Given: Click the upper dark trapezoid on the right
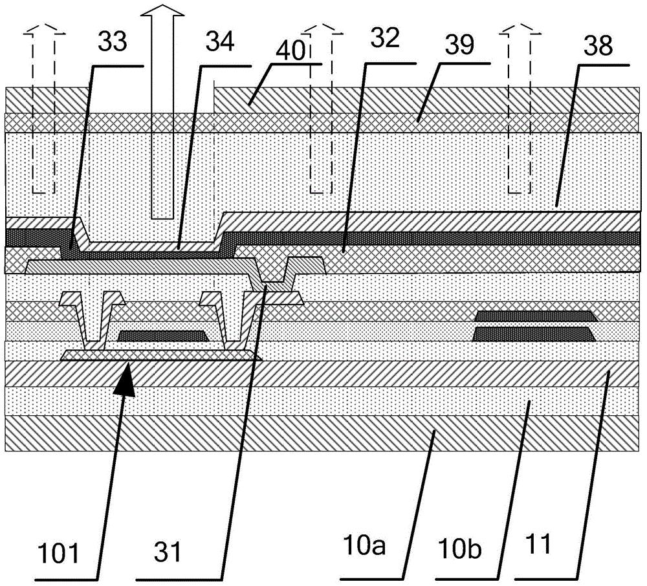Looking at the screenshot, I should coord(536,316).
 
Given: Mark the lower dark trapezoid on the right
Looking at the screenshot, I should coord(536,334).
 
